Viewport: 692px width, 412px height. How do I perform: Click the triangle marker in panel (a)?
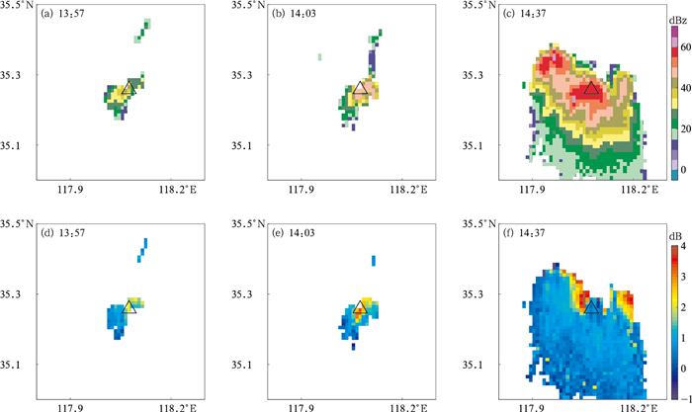click(x=128, y=89)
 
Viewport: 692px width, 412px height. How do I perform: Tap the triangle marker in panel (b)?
click(x=359, y=89)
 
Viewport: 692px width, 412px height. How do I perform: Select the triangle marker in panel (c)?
click(x=590, y=90)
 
